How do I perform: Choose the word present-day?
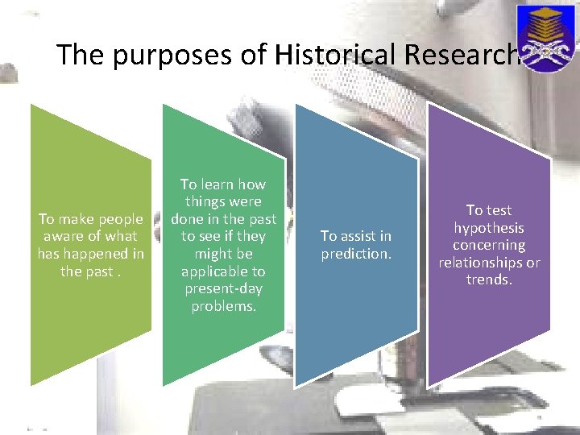tap(223, 288)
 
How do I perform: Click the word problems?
tap(223, 306)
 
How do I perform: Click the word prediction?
tap(356, 254)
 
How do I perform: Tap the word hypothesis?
tap(489, 228)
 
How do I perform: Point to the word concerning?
tap(489, 245)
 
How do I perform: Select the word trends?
tap(489, 280)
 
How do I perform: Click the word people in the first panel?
tap(116, 219)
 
